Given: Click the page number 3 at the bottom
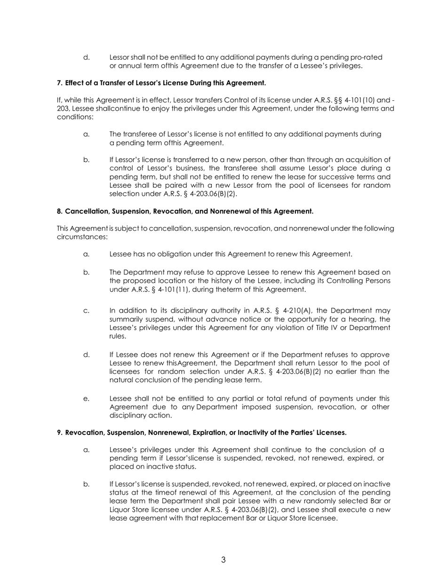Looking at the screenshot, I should pos(223,560).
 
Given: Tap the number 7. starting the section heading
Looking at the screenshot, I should pos(60,83).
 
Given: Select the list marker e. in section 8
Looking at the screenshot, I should pos(86,399).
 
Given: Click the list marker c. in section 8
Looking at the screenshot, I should pos(86,311).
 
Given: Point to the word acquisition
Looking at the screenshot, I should pos(361,160).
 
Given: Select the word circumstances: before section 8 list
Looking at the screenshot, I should pos(82,237).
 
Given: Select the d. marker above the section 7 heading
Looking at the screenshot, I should pos(86,57).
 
